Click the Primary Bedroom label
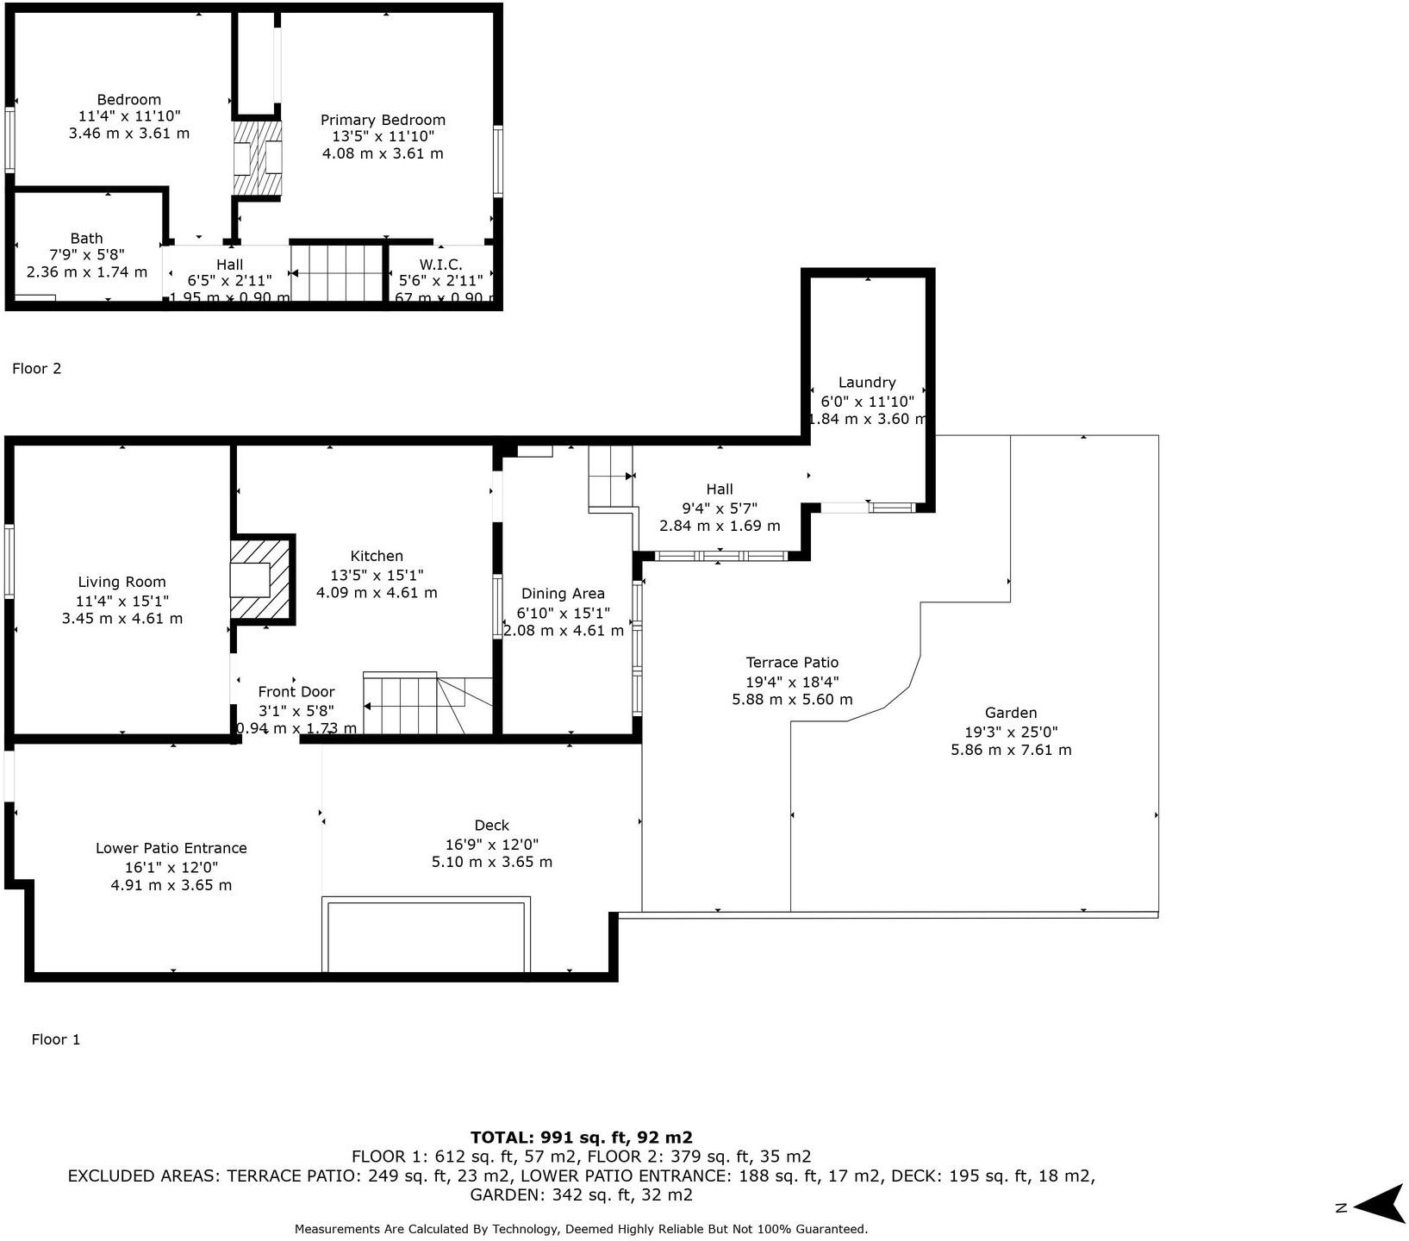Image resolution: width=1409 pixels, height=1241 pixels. click(383, 120)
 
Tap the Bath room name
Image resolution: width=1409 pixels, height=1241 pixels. click(86, 238)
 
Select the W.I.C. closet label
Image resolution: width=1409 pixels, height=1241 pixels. click(440, 265)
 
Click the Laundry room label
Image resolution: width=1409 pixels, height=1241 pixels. click(867, 382)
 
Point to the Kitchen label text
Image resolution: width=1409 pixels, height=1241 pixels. click(377, 556)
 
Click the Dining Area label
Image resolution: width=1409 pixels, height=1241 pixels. click(563, 593)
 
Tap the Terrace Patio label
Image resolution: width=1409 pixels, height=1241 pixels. click(792, 662)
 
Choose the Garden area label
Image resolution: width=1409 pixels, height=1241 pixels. click(1011, 713)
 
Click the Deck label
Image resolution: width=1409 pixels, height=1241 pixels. click(491, 825)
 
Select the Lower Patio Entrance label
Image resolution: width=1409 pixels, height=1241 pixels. click(171, 848)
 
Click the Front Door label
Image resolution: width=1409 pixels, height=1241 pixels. click(296, 691)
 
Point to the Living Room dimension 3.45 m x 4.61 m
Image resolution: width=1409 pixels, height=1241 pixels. click(122, 618)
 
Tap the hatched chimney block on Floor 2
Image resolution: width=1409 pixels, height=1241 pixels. click(259, 158)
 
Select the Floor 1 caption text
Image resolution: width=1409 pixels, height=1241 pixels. click(56, 1039)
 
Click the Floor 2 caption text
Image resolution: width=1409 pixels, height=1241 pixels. click(37, 368)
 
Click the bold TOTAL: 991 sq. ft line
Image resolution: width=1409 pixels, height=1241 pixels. click(581, 1137)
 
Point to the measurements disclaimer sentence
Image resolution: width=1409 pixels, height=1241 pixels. click(581, 1229)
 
